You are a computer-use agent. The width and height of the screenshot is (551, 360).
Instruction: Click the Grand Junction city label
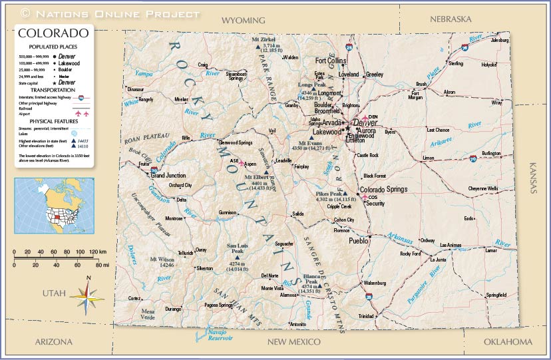[x=168, y=176]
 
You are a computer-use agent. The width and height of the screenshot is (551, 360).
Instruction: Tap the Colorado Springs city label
[x=383, y=190]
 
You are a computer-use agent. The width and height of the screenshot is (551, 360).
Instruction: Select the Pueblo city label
[x=358, y=241]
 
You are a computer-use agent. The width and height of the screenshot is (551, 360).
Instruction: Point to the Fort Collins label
[x=331, y=61]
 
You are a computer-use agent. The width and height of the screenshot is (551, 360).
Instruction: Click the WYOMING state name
[x=243, y=21]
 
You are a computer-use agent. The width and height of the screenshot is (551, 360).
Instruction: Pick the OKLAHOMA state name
[x=508, y=342]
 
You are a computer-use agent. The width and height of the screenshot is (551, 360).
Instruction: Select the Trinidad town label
[x=366, y=316]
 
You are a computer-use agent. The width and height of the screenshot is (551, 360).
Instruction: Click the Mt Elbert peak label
[x=256, y=177]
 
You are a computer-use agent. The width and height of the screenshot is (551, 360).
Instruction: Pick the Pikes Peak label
[x=327, y=194]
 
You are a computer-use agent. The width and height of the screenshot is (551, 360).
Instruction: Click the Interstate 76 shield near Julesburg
[x=464, y=47]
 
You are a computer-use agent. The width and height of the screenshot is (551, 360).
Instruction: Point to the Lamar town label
[x=491, y=251]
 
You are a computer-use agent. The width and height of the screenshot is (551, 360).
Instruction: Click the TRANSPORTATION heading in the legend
[x=52, y=90]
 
